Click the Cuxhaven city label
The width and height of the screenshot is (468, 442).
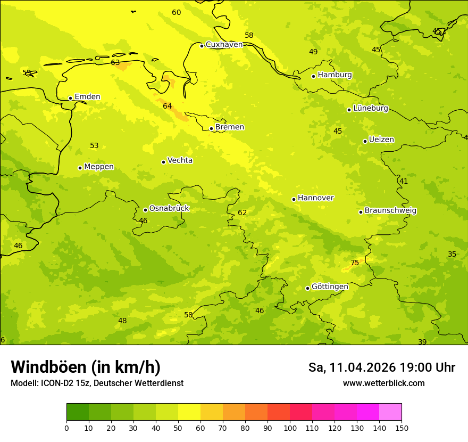pos(224,45)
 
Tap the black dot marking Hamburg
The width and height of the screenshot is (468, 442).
pos(314,76)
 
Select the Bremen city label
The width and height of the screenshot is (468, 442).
pos(230,127)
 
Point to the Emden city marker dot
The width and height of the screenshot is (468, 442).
pos(70,98)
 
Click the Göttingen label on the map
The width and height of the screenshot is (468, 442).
pos(330,287)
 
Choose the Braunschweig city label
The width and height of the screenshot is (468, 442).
pos(390,211)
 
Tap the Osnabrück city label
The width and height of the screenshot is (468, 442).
pos(169,209)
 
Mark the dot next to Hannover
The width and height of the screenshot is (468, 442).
pos(294,199)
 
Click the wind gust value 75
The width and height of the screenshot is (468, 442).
pos(355,263)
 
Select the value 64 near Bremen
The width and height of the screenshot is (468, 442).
pos(168,107)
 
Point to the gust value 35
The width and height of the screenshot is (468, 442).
pos(452,255)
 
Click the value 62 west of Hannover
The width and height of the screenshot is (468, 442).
pos(243,213)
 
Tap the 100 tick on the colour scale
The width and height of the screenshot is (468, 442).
pos(290,428)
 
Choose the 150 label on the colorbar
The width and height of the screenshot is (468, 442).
pos(402,428)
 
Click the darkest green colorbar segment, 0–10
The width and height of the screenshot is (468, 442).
pos(78,412)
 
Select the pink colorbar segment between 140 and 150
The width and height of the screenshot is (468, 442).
pos(390,412)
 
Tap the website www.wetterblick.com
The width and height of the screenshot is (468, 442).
pos(383,383)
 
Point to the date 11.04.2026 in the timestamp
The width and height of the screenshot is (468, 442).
pos(363,367)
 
